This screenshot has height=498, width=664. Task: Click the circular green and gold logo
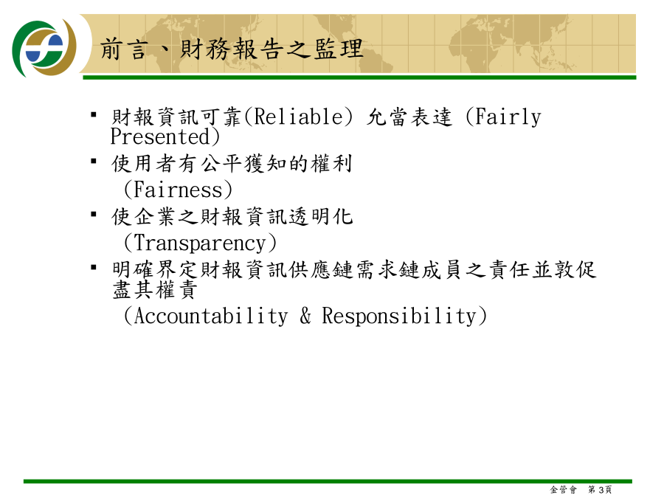pyautogui.click(x=44, y=48)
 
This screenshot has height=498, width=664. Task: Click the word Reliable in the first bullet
pyautogui.click(x=299, y=117)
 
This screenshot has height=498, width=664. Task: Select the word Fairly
pyautogui.click(x=508, y=117)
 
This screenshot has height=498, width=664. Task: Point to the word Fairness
pyautogui.click(x=178, y=190)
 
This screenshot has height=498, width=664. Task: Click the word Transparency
pyautogui.click(x=200, y=243)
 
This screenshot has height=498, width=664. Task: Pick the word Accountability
pyautogui.click(x=211, y=317)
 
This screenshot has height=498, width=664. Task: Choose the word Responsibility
pyautogui.click(x=399, y=317)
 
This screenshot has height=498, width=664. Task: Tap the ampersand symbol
pyautogui.click(x=305, y=316)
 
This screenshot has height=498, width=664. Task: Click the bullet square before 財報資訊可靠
pyautogui.click(x=94, y=114)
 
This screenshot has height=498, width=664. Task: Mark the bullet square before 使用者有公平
pyautogui.click(x=94, y=161)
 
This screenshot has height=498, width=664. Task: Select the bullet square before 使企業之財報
pyautogui.click(x=94, y=214)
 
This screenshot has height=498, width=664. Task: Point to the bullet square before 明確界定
pyautogui.click(x=94, y=267)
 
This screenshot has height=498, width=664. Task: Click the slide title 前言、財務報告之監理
pyautogui.click(x=232, y=49)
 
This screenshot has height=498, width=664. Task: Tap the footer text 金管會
pyautogui.click(x=563, y=490)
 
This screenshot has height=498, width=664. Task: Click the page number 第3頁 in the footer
pyautogui.click(x=600, y=490)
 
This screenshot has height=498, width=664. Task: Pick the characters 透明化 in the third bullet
pyautogui.click(x=321, y=217)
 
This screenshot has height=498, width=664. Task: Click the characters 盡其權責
pyautogui.click(x=155, y=290)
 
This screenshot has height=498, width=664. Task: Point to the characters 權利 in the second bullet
pyautogui.click(x=331, y=164)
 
